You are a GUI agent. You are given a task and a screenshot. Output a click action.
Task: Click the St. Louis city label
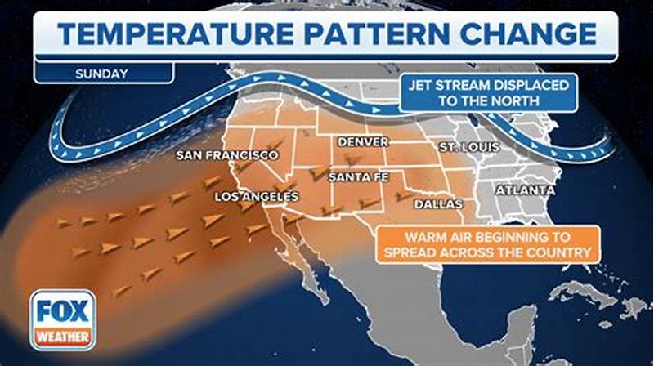(469, 146)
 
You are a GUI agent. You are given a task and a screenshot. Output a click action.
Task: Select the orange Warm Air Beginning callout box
(487, 244)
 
